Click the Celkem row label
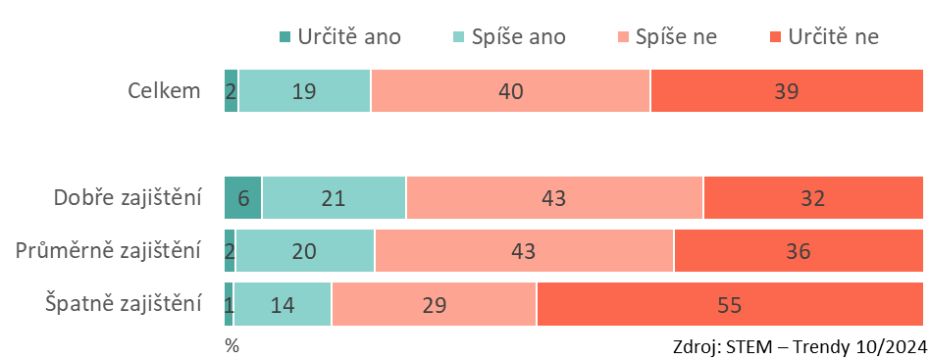(x=165, y=91)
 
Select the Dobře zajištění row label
(x=128, y=198)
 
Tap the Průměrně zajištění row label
(x=109, y=251)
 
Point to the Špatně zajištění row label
(x=124, y=304)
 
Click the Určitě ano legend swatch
(x=285, y=37)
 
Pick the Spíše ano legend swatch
(x=458, y=37)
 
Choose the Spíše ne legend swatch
(x=623, y=37)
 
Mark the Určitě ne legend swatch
(x=776, y=37)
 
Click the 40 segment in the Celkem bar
(x=511, y=90)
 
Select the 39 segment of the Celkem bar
(x=787, y=90)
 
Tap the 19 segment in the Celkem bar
(x=304, y=90)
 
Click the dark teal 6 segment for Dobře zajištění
(x=243, y=198)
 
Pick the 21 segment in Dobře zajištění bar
(x=335, y=198)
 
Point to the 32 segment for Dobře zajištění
(x=813, y=198)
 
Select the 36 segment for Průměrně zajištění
(x=799, y=251)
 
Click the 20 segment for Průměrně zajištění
(x=305, y=251)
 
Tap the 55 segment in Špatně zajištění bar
(x=730, y=304)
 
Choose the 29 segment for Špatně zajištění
(x=435, y=304)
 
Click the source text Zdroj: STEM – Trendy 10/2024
(x=800, y=346)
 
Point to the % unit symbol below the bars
(x=232, y=346)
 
